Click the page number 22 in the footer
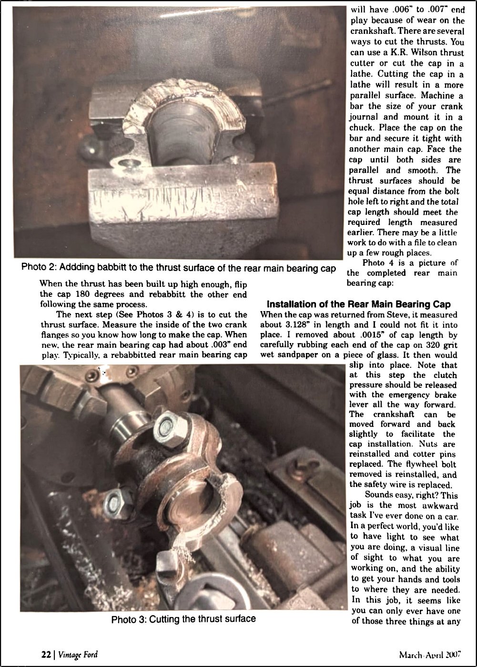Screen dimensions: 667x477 tap(45, 654)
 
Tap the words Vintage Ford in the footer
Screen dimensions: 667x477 tap(78, 654)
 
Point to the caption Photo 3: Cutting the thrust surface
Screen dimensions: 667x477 tap(183, 619)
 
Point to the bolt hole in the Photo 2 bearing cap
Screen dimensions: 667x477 tap(127, 165)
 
